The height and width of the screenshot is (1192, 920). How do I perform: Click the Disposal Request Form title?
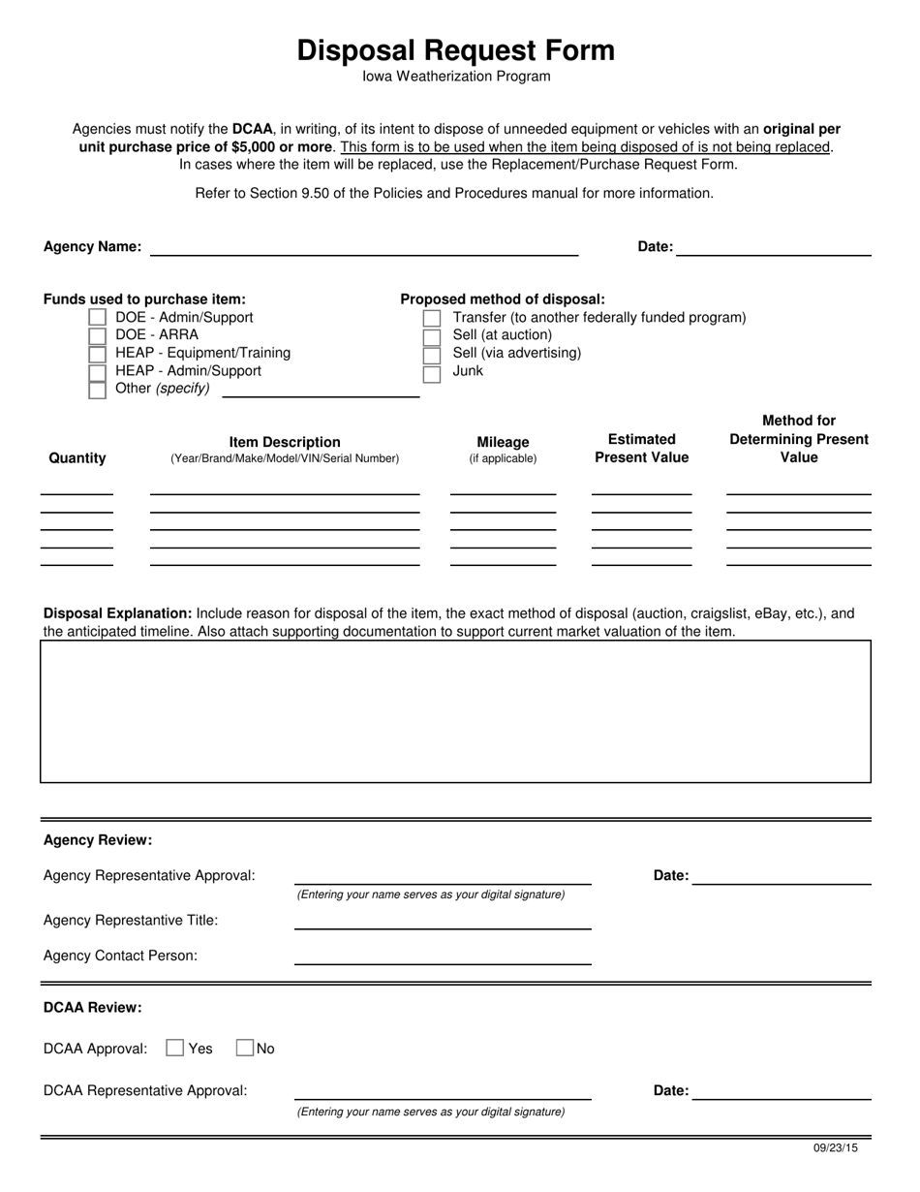click(x=455, y=50)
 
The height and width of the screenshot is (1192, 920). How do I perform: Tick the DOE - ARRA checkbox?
click(x=97, y=335)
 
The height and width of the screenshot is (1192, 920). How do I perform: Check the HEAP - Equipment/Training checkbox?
click(x=97, y=354)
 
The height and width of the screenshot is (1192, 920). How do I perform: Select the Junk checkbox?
click(x=432, y=372)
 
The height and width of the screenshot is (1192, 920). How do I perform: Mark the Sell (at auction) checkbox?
click(x=432, y=336)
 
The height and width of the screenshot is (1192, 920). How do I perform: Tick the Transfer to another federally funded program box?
click(x=432, y=319)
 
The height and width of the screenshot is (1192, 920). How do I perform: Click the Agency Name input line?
click(x=363, y=247)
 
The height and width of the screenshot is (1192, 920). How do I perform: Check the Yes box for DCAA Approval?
click(x=175, y=1048)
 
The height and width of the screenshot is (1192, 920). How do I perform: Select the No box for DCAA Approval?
click(x=245, y=1048)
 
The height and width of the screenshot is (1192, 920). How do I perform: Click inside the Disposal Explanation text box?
click(x=455, y=710)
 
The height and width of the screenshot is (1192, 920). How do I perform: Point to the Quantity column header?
click(x=77, y=458)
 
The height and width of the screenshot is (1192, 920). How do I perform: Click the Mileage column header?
click(x=503, y=443)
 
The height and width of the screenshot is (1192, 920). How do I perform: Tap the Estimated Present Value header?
click(x=641, y=449)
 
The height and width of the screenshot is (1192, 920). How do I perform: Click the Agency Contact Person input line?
click(x=443, y=957)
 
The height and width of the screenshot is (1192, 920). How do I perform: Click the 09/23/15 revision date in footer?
click(x=835, y=1148)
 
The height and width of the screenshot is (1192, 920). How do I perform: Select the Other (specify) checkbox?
click(x=97, y=390)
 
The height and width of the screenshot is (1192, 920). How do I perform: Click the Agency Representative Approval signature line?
click(x=443, y=876)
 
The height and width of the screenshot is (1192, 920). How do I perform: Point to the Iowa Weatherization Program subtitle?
click(x=456, y=77)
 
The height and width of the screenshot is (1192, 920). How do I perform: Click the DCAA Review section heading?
click(x=93, y=1008)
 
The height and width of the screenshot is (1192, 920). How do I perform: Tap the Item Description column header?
click(x=285, y=443)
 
